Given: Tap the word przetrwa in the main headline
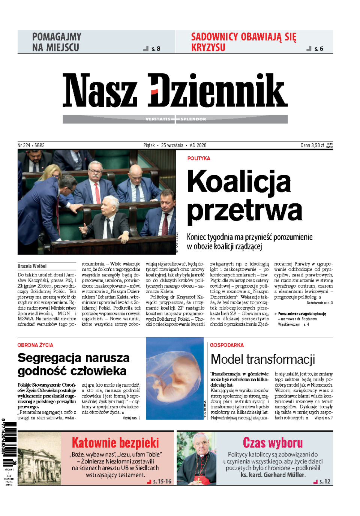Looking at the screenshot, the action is tap(244, 211).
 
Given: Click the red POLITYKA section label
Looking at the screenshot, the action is tap(199, 158).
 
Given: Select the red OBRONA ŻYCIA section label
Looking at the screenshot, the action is tap(35, 345).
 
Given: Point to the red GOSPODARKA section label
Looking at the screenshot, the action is tap(227, 345).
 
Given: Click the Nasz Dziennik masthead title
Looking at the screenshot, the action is tap(175, 90).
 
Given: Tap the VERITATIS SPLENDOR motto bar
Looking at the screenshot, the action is tap(175, 119).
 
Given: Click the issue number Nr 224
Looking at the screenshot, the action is tap(24, 145).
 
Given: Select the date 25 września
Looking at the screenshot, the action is tap(172, 145).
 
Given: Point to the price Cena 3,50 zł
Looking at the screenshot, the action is tap(312, 145).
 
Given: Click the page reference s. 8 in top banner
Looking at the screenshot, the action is tap(156, 49).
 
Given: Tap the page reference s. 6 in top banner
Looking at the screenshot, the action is tap(318, 49).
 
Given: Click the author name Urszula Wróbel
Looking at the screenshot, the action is tap(32, 266).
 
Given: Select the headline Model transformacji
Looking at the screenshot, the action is tap(262, 359).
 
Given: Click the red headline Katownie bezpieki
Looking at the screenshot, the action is tap(115, 442).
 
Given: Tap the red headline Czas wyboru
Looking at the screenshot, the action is tap(273, 442).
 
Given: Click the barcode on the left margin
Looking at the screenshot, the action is tap(9, 439).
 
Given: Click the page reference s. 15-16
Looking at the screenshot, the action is tap(162, 481).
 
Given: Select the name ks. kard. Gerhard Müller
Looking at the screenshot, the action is tap(273, 475).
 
